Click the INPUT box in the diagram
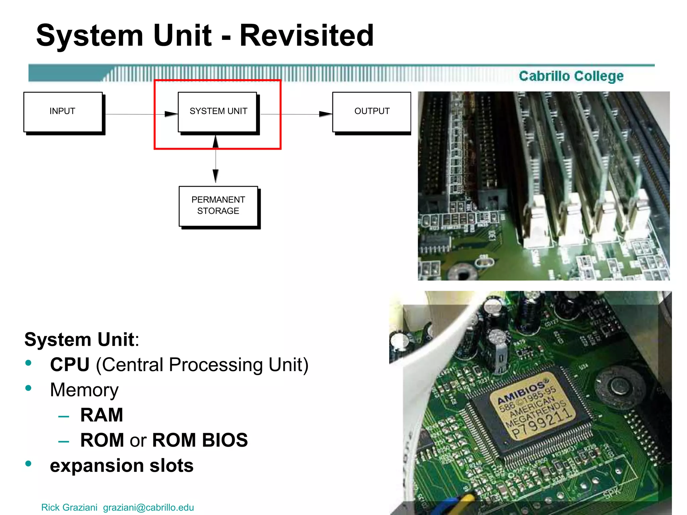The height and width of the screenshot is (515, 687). point(63,112)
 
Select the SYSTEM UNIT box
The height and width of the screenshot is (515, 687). point(218,112)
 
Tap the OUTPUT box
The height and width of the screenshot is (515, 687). point(372,112)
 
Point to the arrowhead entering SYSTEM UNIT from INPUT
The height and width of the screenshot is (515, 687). point(171,114)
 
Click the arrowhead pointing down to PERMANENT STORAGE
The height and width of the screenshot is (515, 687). point(216,176)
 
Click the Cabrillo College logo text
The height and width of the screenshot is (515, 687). point(571,76)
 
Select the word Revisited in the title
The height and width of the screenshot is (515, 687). point(307,36)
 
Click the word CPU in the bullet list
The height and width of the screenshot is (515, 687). point(70,365)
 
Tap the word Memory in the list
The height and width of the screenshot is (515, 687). point(84,390)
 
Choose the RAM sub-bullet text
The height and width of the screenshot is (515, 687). point(102,415)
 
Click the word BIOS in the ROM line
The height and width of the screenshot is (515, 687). point(225,440)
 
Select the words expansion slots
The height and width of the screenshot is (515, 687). point(122,466)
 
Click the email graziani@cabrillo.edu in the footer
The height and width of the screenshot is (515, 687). point(148,507)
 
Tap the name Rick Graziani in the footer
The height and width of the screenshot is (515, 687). point(69,507)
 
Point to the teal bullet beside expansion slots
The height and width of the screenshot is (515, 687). point(29,464)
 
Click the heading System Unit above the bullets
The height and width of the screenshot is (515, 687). point(80,340)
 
